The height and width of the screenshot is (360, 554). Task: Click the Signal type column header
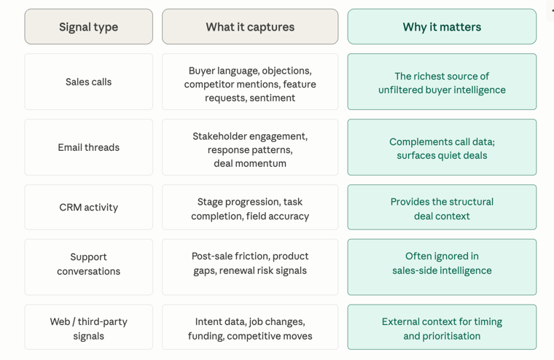89,27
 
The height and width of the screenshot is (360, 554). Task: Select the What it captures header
250,27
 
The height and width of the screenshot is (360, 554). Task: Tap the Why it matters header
442,27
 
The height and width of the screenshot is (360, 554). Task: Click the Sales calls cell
89,82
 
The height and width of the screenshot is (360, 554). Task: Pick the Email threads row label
89,147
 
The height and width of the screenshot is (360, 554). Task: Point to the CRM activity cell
89,208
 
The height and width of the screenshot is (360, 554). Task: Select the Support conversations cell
89,267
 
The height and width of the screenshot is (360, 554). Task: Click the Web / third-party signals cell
89,327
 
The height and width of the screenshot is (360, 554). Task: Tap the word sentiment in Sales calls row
272,98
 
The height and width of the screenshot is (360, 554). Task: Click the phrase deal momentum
250,163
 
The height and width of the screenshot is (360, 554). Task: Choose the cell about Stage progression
250,208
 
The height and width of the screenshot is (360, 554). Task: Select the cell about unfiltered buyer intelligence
442,82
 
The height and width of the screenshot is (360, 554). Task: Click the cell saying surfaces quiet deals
442,147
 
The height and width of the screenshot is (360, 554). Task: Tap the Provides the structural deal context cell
442,208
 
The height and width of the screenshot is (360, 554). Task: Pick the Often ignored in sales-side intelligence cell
442,267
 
